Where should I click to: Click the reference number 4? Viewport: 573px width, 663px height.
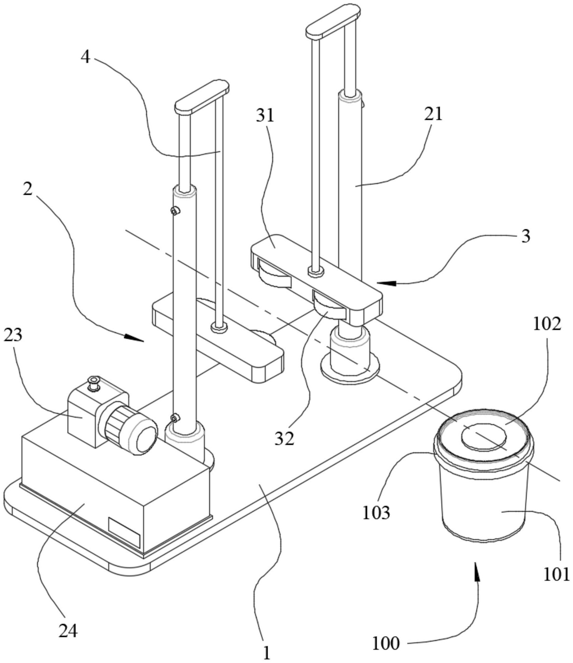pyautogui.click(x=86, y=57)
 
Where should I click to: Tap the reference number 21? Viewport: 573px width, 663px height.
pyautogui.click(x=433, y=114)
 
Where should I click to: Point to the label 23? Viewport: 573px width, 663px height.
pyautogui.click(x=13, y=335)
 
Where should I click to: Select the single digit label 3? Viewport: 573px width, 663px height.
pyautogui.click(x=526, y=236)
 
